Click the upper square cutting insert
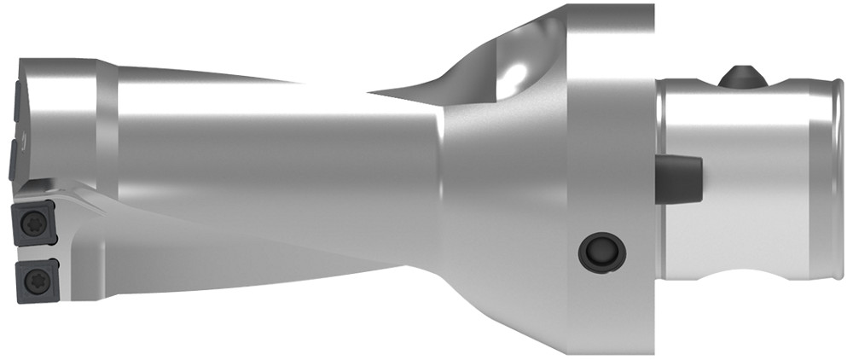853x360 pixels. (32, 222)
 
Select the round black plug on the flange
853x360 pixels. (601, 251)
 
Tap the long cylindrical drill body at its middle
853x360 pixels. (273, 145)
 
